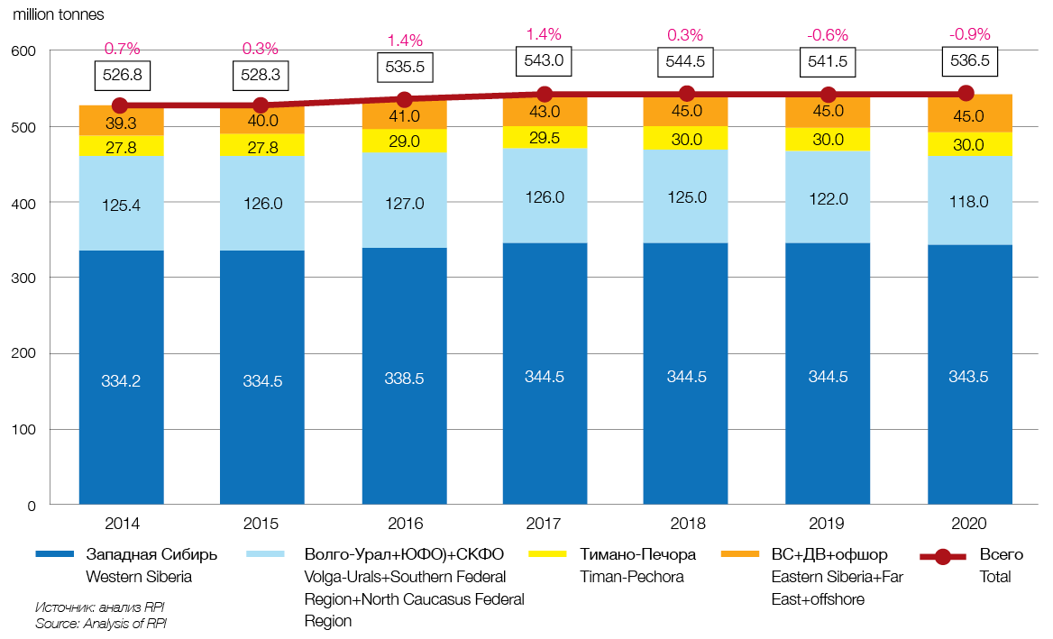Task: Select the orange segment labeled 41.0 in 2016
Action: coord(404,116)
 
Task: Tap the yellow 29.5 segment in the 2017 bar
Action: coord(544,137)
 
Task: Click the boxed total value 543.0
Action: coord(544,62)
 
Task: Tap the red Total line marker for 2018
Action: coord(687,94)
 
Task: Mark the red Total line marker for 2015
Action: coord(261,105)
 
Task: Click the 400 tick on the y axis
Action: coord(24,203)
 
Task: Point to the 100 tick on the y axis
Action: coord(24,430)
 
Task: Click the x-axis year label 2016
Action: coord(404,524)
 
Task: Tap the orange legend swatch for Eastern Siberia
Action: coord(741,554)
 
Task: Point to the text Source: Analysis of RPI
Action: coord(101,623)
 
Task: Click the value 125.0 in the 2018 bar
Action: coord(687,197)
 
